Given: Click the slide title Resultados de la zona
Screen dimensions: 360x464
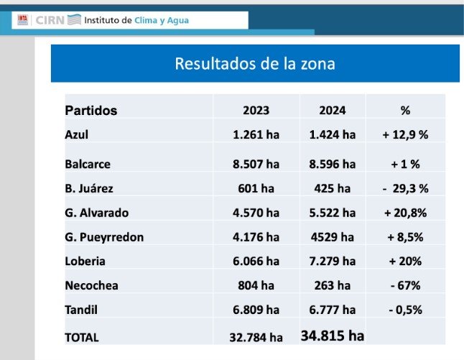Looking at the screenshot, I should click(x=255, y=63).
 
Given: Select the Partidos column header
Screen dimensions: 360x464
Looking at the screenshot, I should click(x=91, y=111).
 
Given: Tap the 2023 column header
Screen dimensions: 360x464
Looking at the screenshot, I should click(x=256, y=111).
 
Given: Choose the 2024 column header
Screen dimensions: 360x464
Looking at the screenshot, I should click(x=332, y=111).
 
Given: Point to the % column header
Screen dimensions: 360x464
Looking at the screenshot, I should click(x=405, y=111).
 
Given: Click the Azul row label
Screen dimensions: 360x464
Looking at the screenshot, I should click(x=77, y=134).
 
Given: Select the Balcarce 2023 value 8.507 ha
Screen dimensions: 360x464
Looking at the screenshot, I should click(x=256, y=164).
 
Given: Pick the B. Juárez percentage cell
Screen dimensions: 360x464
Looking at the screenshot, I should click(x=405, y=188).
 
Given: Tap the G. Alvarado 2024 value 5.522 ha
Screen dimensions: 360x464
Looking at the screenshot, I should click(x=332, y=213).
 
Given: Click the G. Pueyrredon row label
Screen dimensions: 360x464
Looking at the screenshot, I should click(x=104, y=237).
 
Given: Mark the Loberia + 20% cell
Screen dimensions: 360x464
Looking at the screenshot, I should click(x=405, y=261).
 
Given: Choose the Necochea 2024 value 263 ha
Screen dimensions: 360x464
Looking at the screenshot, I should click(x=332, y=285).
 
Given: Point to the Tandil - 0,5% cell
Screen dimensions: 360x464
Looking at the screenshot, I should click(x=405, y=310).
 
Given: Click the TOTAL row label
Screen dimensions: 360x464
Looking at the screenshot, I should click(x=82, y=337).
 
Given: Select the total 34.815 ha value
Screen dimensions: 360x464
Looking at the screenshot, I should click(x=332, y=336).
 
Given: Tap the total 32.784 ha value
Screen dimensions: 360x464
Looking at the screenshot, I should click(x=256, y=337).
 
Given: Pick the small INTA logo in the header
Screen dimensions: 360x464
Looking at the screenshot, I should click(x=22, y=20).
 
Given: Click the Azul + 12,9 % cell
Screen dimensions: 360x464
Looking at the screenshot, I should click(x=405, y=134).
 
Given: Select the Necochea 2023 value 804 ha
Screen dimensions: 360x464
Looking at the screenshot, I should click(x=256, y=285).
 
